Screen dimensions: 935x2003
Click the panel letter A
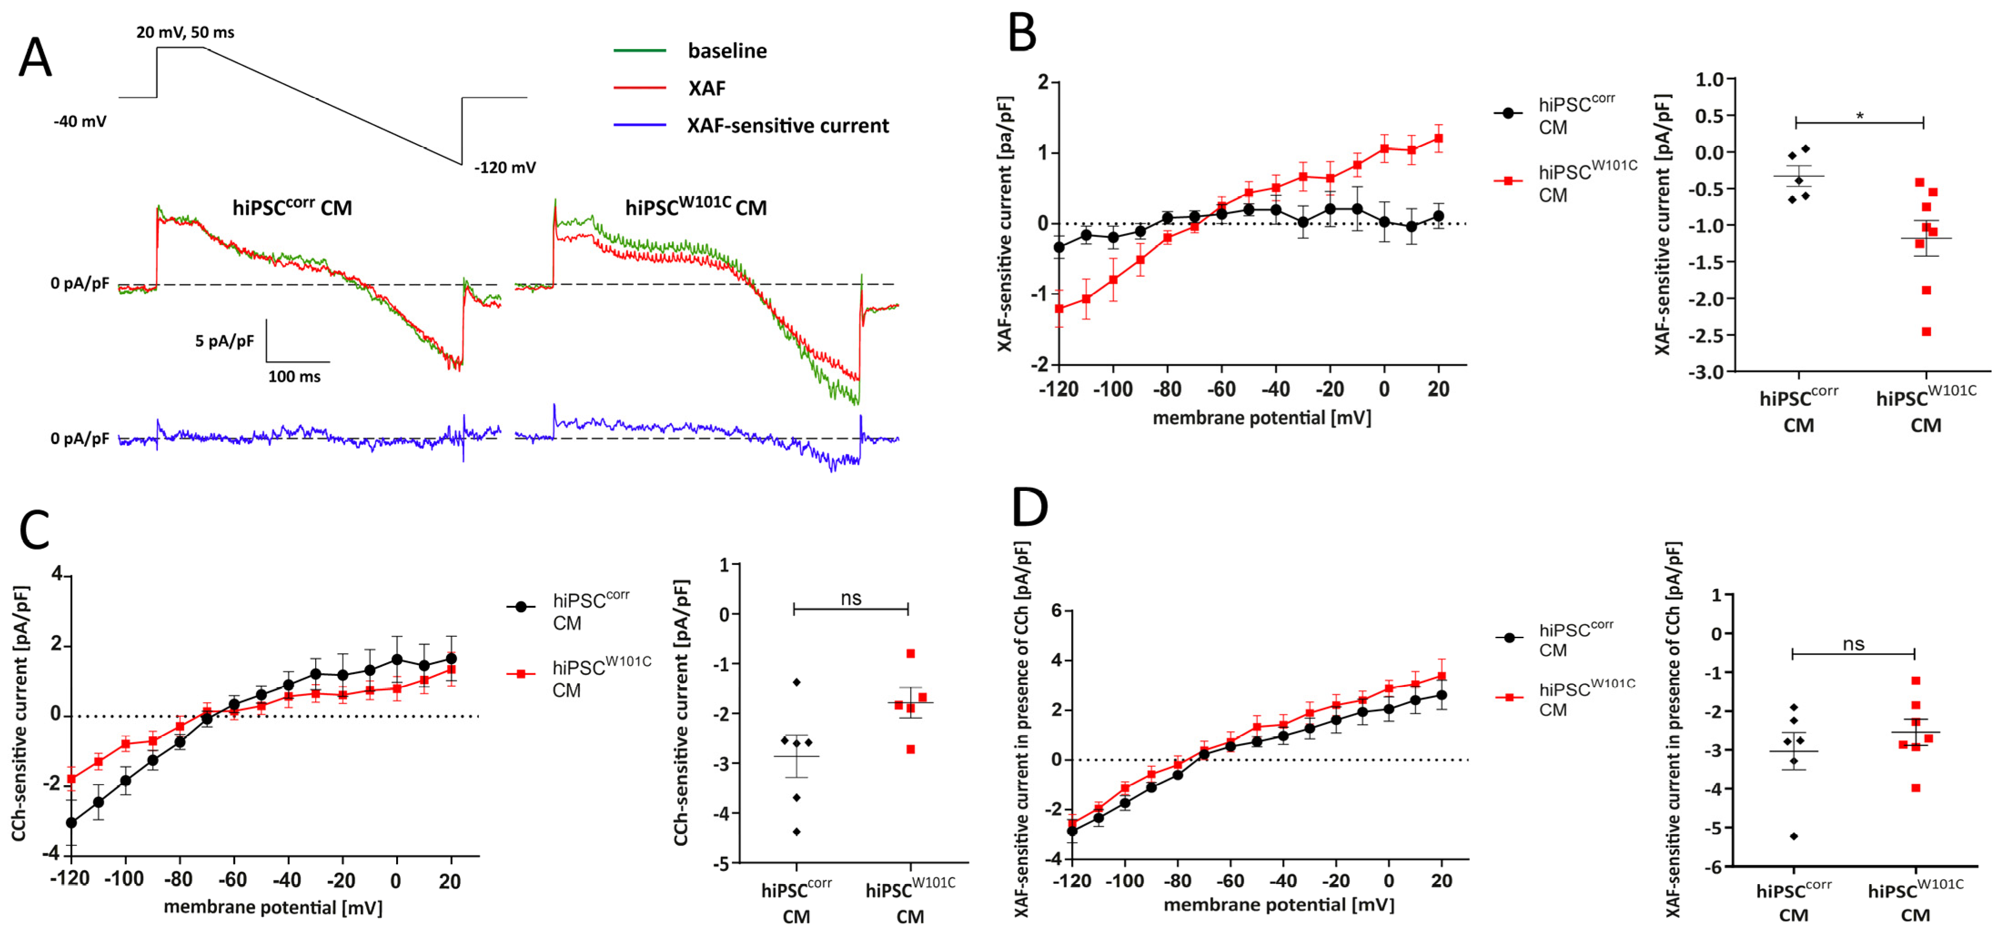tap(35, 59)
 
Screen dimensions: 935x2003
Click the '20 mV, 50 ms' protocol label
tap(185, 32)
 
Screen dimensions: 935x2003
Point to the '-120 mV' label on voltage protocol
tap(505, 167)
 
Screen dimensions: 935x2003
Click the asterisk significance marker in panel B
tap(1859, 116)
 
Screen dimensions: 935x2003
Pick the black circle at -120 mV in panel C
tap(71, 822)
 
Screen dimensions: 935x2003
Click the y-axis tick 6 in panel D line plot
tap(1056, 610)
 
